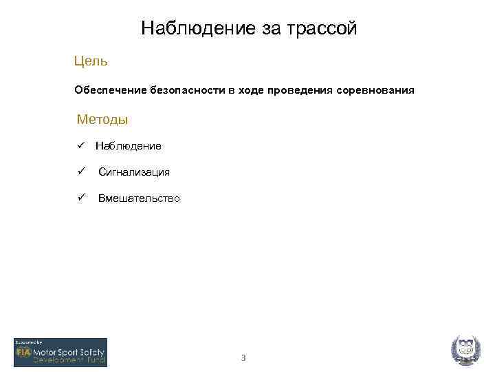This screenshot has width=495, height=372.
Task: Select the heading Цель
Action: point(91,61)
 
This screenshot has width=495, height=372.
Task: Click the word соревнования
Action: point(376,90)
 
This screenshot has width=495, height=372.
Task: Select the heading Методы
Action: point(102,119)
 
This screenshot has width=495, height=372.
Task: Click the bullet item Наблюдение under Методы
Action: point(129,146)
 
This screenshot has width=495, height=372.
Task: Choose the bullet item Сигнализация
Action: point(134,172)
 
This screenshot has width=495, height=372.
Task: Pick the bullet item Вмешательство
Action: point(139,198)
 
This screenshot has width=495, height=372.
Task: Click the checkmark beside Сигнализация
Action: point(80,172)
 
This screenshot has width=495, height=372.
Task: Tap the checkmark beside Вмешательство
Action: point(80,198)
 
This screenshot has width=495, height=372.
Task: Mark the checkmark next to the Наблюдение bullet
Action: point(80,145)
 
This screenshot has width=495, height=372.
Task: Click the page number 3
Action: point(243,358)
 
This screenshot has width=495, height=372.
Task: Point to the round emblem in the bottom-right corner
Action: point(465,350)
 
